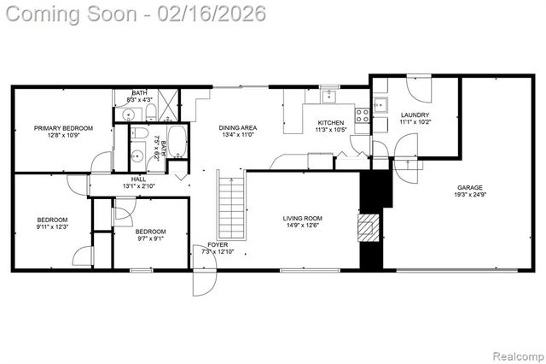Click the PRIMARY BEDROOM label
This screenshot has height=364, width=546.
click(x=63, y=128)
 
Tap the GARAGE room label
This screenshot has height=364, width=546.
click(x=469, y=187)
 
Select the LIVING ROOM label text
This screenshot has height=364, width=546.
click(x=303, y=218)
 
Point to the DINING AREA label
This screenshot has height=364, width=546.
click(x=238, y=128)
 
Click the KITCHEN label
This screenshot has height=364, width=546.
click(x=330, y=123)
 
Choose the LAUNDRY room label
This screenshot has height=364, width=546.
click(x=414, y=114)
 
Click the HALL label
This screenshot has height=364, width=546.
click(x=137, y=179)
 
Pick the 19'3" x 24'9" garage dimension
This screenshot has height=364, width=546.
click(x=469, y=196)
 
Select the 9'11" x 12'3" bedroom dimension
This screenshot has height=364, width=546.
click(x=52, y=227)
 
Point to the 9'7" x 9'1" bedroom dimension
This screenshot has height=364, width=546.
click(x=150, y=239)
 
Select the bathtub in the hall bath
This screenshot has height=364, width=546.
click(x=177, y=141)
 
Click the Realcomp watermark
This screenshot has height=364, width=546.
click(x=517, y=355)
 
